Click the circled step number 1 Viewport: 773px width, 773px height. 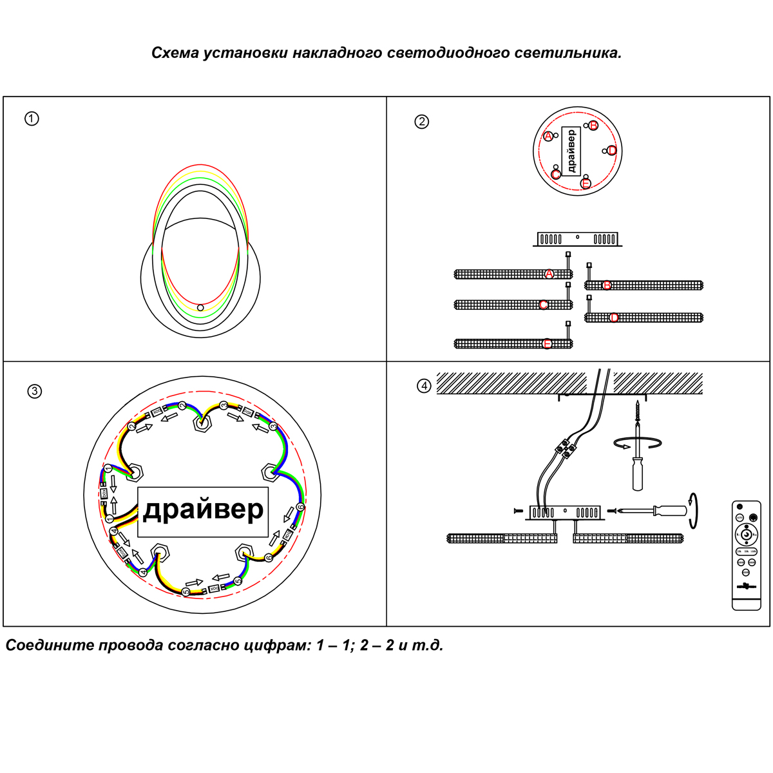click(x=32, y=119)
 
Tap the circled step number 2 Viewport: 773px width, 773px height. click(x=421, y=122)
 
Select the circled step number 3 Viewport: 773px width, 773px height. click(x=35, y=391)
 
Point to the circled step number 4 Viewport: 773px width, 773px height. click(x=423, y=386)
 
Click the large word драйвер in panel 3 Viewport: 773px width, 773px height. click(x=203, y=510)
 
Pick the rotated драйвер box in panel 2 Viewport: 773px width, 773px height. click(x=571, y=151)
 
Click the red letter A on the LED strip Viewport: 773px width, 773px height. click(x=549, y=274)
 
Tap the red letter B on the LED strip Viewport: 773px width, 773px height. click(x=607, y=285)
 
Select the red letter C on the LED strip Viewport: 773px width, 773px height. click(x=544, y=305)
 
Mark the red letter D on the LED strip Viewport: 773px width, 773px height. click(x=614, y=318)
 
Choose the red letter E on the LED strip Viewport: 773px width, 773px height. click(x=548, y=344)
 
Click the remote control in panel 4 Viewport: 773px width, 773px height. click(x=747, y=555)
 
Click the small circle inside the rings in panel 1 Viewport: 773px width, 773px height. click(x=200, y=308)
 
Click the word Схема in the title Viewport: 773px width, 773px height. click(x=175, y=53)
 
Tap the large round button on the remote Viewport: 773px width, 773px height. click(x=746, y=534)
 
